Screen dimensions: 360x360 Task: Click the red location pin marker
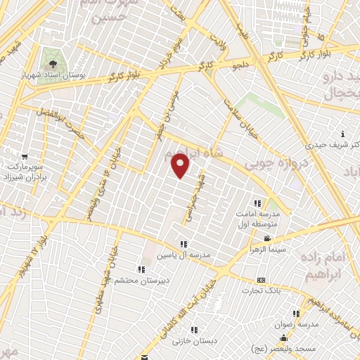181,166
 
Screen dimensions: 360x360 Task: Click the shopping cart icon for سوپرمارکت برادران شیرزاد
25,156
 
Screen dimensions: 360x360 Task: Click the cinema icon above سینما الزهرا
266,238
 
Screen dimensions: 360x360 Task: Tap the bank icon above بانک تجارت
261,279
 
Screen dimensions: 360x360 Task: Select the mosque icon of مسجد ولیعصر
283,339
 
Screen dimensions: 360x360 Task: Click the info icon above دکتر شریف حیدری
342,134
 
